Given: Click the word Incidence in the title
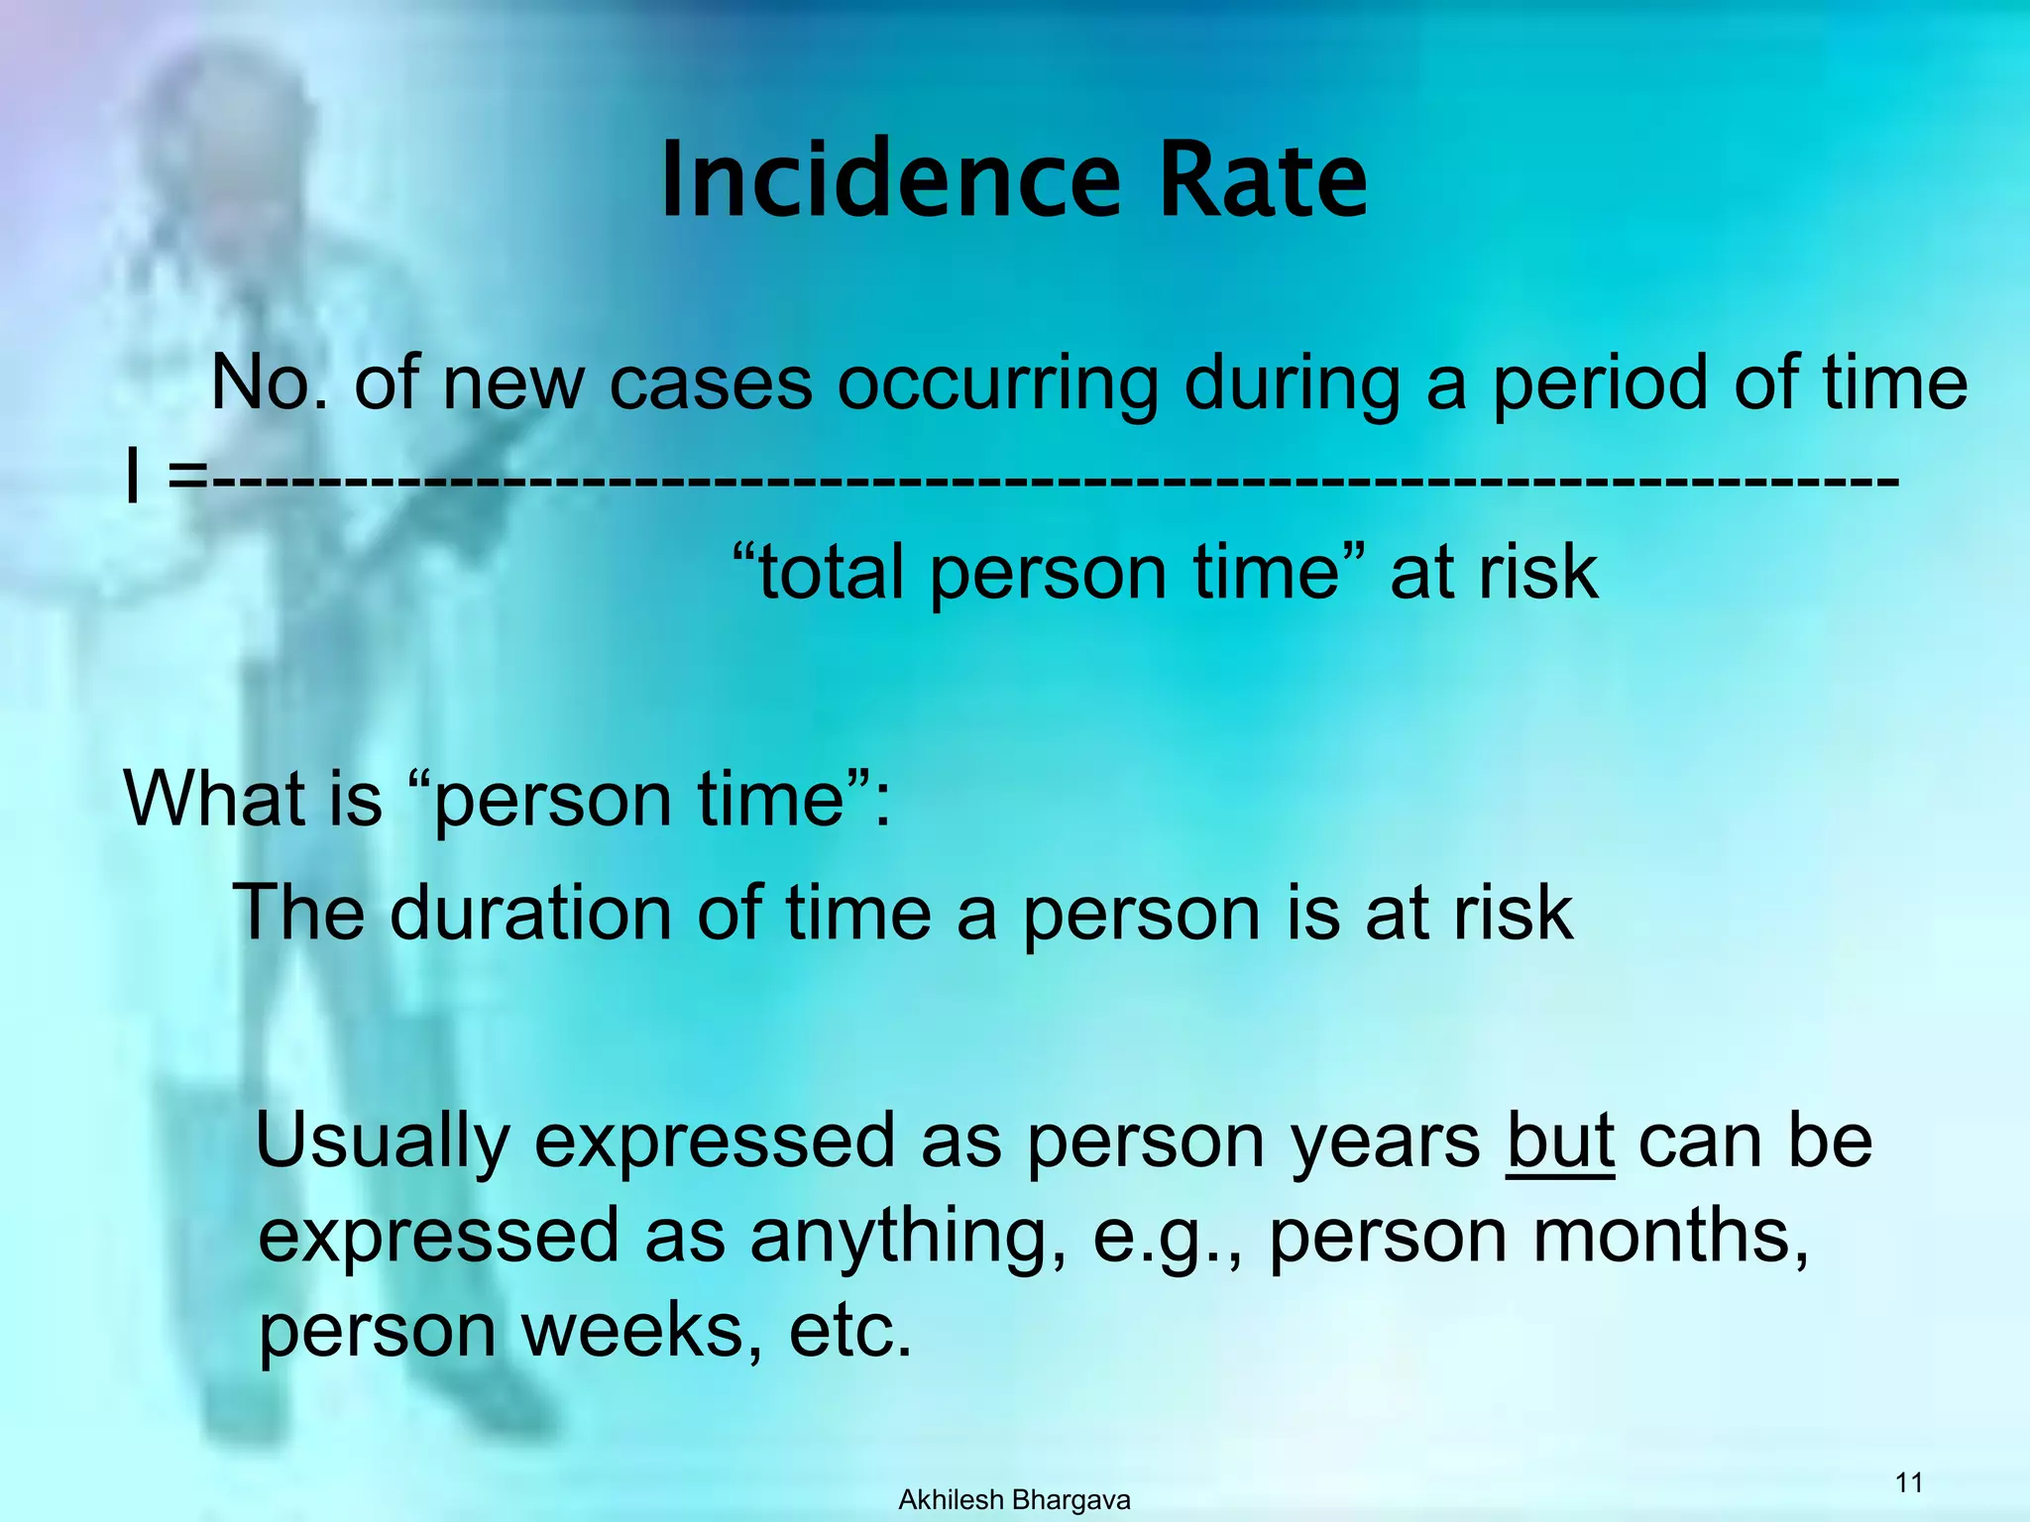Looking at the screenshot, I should point(890,180).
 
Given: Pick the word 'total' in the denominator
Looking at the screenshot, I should point(830,573).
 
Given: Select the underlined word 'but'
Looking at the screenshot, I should point(1560,1141).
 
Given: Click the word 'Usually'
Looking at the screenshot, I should point(383,1142).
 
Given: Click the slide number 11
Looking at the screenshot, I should point(1908,1482).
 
